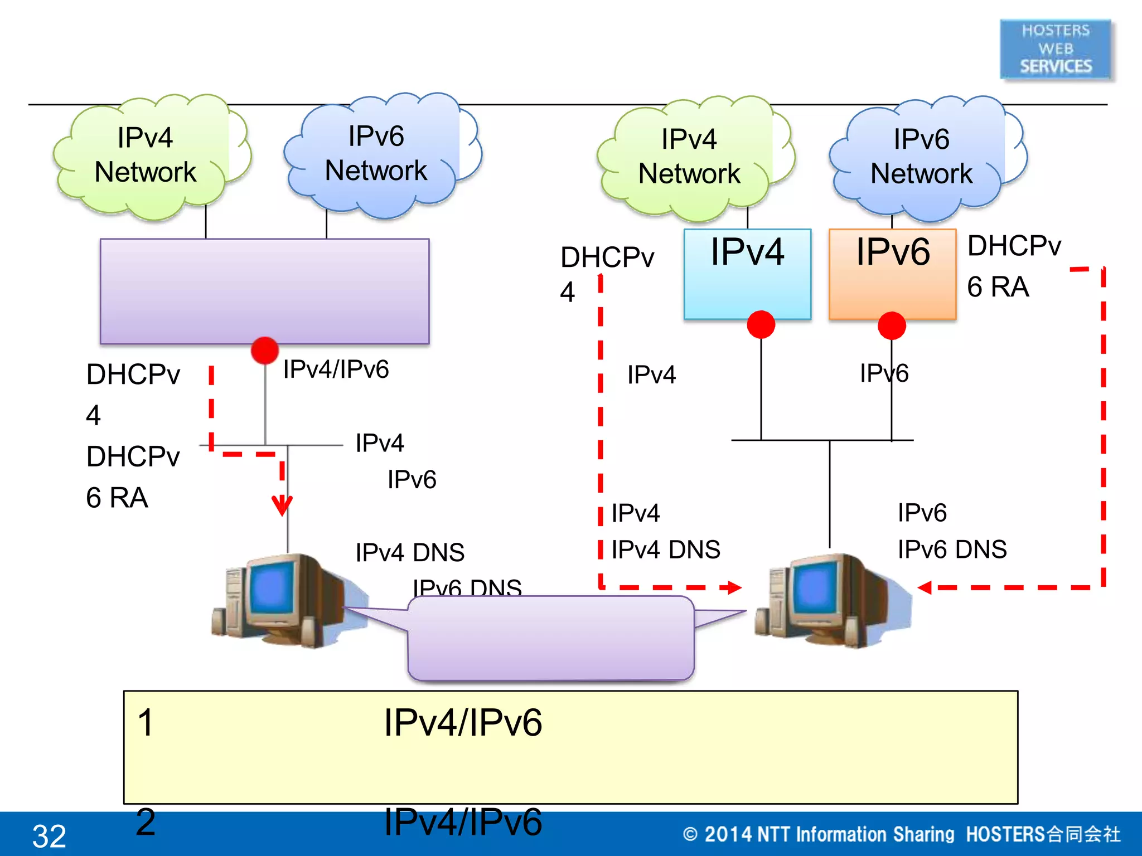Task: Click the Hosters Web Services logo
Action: (x=1056, y=49)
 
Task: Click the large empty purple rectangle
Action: (x=264, y=291)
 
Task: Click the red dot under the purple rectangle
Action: (x=265, y=351)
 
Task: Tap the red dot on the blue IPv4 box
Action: (x=761, y=324)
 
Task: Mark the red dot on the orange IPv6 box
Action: (x=892, y=325)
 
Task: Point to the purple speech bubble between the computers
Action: (x=551, y=638)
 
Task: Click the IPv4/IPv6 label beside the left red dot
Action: (x=336, y=369)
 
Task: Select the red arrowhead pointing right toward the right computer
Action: (x=733, y=587)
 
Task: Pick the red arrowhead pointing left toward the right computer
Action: (x=925, y=587)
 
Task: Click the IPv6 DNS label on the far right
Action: (x=952, y=549)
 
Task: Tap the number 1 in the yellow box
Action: (x=145, y=723)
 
